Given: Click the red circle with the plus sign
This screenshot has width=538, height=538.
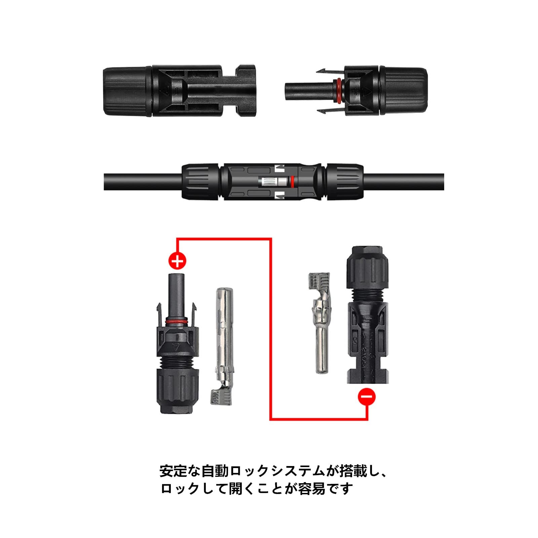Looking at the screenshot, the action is (x=177, y=261).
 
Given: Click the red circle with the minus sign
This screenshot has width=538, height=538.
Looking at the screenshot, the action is (x=367, y=397).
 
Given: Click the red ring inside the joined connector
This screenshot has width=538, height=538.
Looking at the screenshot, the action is (x=292, y=182).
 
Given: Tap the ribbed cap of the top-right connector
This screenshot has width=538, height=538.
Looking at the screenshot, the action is (x=403, y=91).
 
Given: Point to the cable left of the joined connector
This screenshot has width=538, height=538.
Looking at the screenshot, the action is (x=143, y=182).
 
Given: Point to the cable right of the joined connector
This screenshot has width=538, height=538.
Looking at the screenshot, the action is (x=403, y=182).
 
